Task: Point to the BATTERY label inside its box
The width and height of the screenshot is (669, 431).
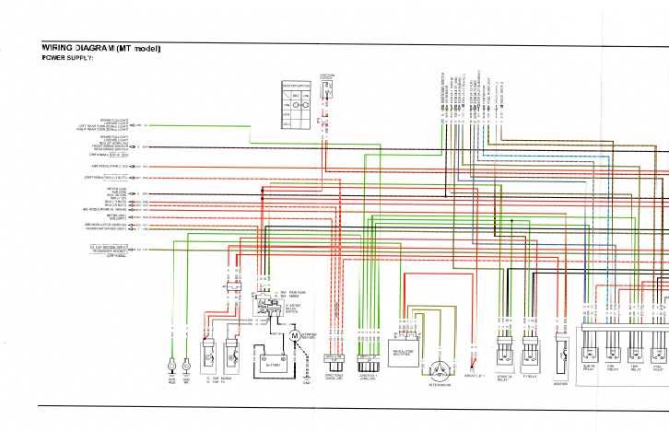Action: pyautogui.click(x=267, y=365)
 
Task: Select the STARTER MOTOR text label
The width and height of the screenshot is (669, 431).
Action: pyautogui.click(x=312, y=338)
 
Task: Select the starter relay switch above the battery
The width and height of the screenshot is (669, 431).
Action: pyautogui.click(x=268, y=305)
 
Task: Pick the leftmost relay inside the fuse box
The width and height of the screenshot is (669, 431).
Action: pyautogui.click(x=590, y=348)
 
